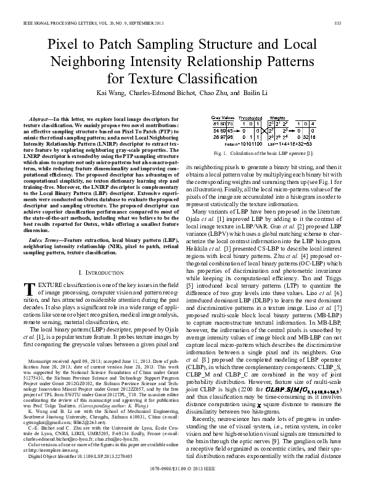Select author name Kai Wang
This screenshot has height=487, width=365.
click(117, 94)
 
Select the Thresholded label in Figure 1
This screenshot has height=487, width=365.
click(251, 117)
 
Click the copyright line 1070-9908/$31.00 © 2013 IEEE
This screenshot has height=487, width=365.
click(182, 477)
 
